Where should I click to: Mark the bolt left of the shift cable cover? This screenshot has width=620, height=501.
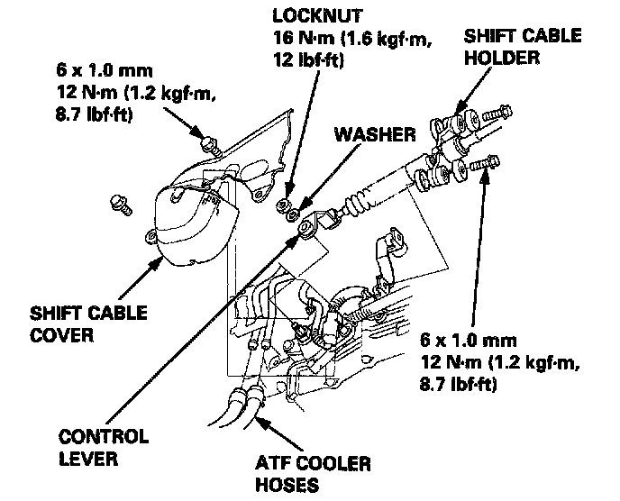pyautogui.click(x=121, y=204)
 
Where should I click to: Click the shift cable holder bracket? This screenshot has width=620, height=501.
pyautogui.click(x=450, y=135)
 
